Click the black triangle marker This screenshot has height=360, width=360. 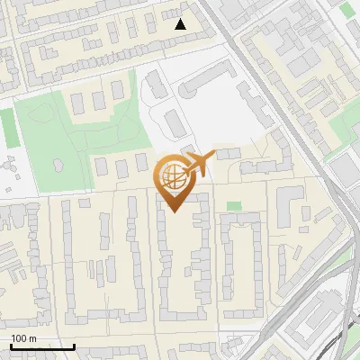point(181,24)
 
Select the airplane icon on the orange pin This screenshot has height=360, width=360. point(197,165)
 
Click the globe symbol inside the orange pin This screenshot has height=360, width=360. point(171,176)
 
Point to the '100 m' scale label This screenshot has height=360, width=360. point(24,338)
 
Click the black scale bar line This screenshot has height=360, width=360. point(42,346)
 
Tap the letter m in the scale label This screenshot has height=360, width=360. point(33,338)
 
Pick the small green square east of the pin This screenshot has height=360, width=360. point(234,206)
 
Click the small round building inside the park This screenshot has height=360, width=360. point(58,166)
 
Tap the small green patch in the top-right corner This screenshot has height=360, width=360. point(348,9)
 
